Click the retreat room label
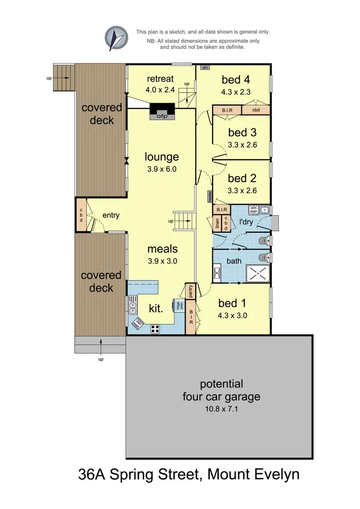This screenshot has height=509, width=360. coord(160,79)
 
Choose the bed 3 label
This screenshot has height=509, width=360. coord(242,132)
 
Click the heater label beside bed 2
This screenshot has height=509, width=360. coord(210,197)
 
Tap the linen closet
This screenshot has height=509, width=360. coord(217,224)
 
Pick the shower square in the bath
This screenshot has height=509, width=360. coord(258,273)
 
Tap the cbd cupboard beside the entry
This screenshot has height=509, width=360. coord(81,216)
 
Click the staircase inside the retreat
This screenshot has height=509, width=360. coord(186,94)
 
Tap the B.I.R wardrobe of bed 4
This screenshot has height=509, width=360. coord(227,110)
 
